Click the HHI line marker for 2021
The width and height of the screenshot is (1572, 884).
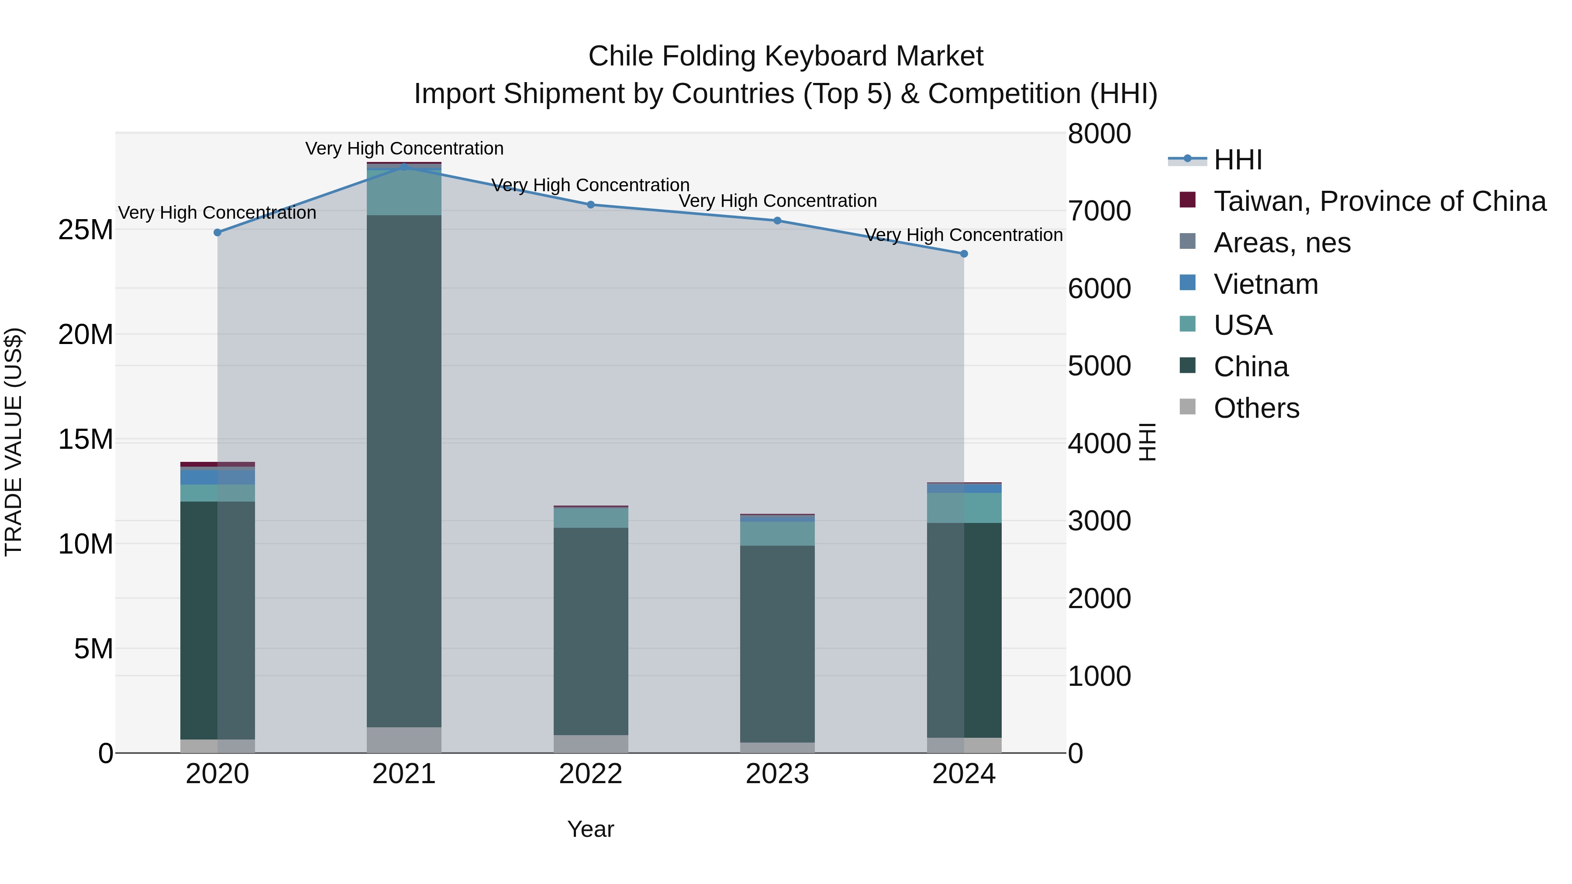pyautogui.click(x=404, y=167)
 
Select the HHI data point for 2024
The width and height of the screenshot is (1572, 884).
pyautogui.click(x=964, y=254)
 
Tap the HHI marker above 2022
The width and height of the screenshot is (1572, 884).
pyautogui.click(x=591, y=205)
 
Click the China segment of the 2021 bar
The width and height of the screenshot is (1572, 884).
pyautogui.click(x=404, y=470)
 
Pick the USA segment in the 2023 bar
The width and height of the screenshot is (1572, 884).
pyautogui.click(x=777, y=533)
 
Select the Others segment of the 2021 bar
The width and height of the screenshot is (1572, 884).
pyautogui.click(x=404, y=740)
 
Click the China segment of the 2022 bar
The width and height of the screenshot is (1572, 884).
pyautogui.click(x=591, y=631)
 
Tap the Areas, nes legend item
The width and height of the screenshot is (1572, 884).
pyautogui.click(x=1282, y=243)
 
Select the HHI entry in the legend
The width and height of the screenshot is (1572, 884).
pyautogui.click(x=1237, y=160)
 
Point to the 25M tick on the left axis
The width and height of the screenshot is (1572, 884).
pyautogui.click(x=86, y=230)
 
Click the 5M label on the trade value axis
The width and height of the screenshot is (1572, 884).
pyautogui.click(x=93, y=649)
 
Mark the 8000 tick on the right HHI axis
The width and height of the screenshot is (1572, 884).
pyautogui.click(x=1099, y=134)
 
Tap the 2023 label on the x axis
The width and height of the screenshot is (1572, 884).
pyautogui.click(x=777, y=774)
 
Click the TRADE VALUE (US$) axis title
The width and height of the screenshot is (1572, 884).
pyautogui.click(x=14, y=442)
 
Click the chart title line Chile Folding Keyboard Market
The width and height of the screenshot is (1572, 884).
pyautogui.click(x=786, y=56)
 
